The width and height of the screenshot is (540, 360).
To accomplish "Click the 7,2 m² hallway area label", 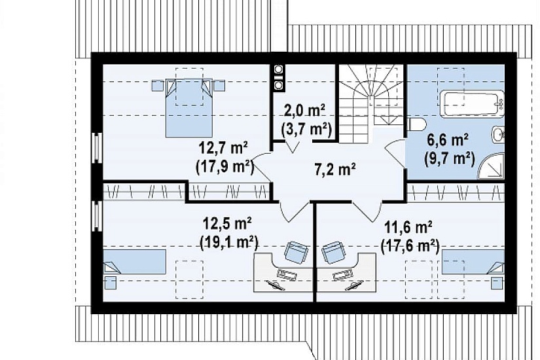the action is click(335, 169).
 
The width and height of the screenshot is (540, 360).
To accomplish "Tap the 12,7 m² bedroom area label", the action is click(223, 149).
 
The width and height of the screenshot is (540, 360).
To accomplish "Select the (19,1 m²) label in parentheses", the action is click(229, 243).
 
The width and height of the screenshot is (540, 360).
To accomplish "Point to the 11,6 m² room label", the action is click(408, 228).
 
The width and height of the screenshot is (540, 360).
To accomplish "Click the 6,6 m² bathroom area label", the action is click(447, 140).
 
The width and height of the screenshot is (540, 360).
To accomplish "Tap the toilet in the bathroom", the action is click(416, 125).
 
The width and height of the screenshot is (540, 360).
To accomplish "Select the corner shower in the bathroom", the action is click(491, 167).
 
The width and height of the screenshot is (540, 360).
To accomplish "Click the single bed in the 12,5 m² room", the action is click(134, 261).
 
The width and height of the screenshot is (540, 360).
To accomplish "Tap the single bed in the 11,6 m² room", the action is click(473, 262).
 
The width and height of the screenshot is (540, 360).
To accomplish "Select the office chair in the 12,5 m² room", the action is click(296, 251).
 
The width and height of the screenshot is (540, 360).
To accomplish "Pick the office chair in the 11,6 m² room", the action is click(333, 252).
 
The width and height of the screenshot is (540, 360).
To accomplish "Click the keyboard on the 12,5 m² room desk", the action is click(287, 274).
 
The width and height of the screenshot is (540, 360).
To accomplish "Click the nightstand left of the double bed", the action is click(157, 86).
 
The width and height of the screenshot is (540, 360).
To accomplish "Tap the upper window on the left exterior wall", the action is click(97, 147).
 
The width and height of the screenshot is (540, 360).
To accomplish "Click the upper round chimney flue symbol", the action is click(278, 69).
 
